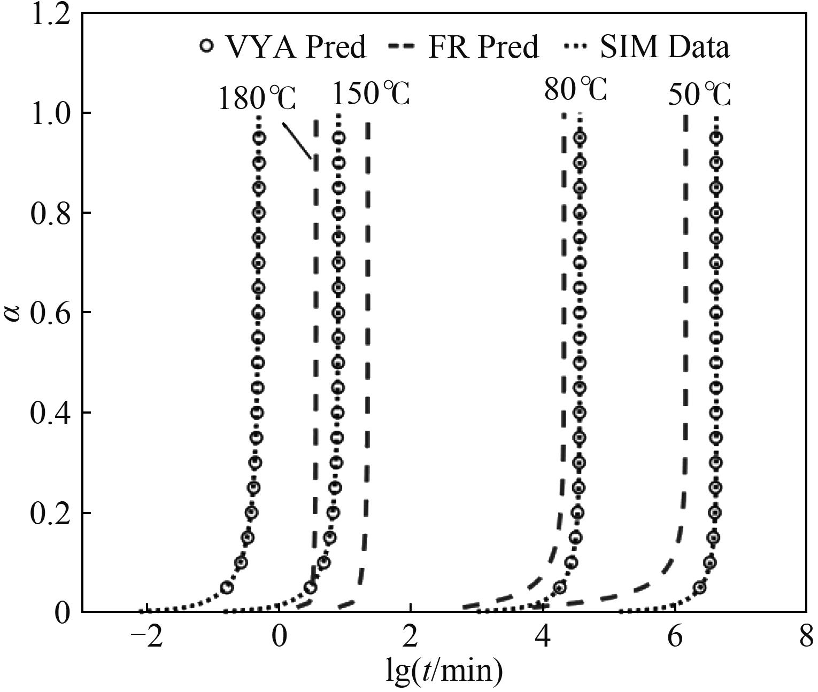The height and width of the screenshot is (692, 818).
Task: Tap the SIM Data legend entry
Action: click(x=647, y=47)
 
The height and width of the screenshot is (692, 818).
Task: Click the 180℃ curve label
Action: click(x=257, y=99)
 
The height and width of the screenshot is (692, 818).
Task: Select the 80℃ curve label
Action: click(x=575, y=89)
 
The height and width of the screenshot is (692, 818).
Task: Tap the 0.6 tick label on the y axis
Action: click(x=51, y=313)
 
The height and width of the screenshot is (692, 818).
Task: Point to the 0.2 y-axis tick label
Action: click(x=51, y=512)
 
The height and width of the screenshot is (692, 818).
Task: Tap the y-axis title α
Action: click(x=13, y=313)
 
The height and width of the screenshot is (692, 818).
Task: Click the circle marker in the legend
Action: click(x=206, y=46)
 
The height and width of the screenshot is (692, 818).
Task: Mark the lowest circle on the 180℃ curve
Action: click(x=227, y=588)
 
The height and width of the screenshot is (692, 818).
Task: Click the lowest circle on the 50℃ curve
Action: click(x=699, y=588)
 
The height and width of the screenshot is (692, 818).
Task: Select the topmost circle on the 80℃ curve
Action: click(x=580, y=138)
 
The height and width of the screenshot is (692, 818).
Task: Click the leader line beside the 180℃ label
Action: click(x=297, y=141)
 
